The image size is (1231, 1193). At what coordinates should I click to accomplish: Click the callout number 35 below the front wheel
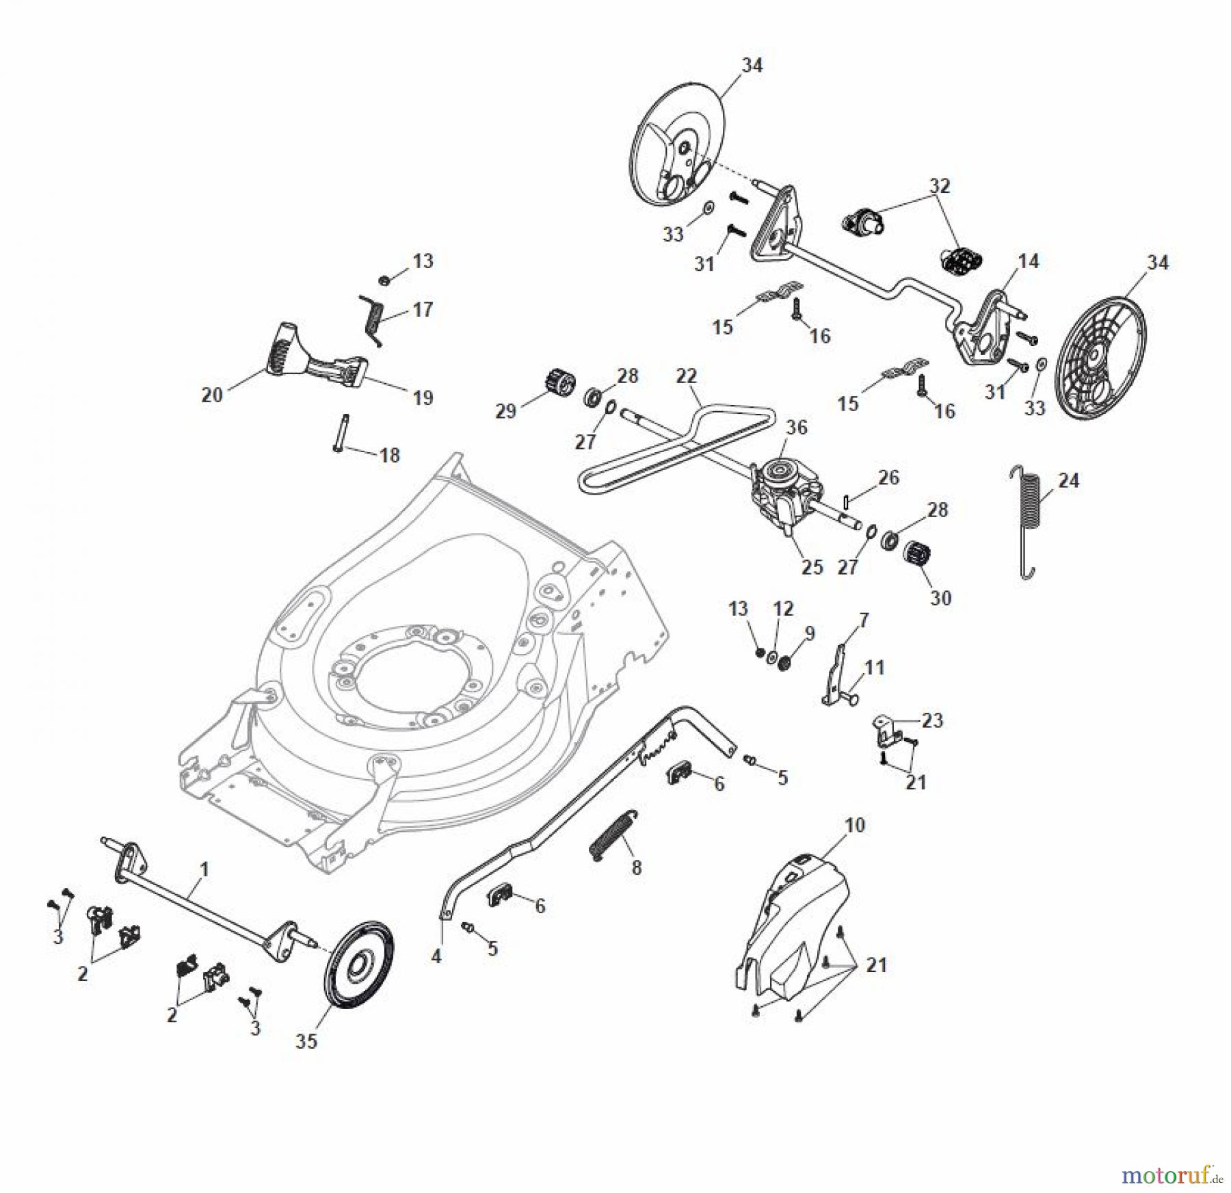306,1041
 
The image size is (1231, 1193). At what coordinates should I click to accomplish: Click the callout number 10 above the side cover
854,825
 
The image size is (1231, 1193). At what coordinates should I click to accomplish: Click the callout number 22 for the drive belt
686,376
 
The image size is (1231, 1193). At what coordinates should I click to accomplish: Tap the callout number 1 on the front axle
203,869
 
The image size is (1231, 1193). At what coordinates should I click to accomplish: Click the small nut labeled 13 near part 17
384,279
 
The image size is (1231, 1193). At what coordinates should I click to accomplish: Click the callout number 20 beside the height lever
211,395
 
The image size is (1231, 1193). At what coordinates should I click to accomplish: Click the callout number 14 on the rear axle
1028,261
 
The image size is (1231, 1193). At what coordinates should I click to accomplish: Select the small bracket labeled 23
886,729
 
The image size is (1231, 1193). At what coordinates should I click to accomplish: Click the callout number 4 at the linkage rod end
436,956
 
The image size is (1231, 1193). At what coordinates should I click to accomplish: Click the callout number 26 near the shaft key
888,477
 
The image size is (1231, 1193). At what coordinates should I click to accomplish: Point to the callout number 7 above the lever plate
863,620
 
